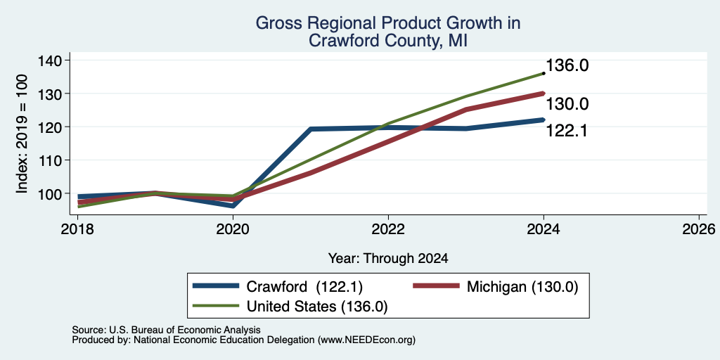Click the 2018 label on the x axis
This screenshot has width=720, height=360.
pos(78,229)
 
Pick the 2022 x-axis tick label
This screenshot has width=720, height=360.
pos(388,229)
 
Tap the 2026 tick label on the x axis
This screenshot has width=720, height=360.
pos(699,229)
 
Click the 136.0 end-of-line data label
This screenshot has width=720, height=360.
pos(567,65)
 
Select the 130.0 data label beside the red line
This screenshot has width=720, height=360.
pos(567,104)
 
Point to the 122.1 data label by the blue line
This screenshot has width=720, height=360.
pos(567,131)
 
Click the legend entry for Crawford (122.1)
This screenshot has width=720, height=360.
pos(278,287)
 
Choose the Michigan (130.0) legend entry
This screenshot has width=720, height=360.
pos(496,287)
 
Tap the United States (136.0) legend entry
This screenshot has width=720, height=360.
pos(290,306)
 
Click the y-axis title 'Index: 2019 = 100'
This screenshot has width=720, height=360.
pos(22,134)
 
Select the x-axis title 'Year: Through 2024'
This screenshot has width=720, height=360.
pos(388,259)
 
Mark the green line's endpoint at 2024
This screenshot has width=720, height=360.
pos(544,73)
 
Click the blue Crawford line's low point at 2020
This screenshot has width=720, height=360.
pos(233,206)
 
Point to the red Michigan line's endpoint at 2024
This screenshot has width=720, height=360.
pos(544,94)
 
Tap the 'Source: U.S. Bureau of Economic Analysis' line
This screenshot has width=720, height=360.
pos(166,330)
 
